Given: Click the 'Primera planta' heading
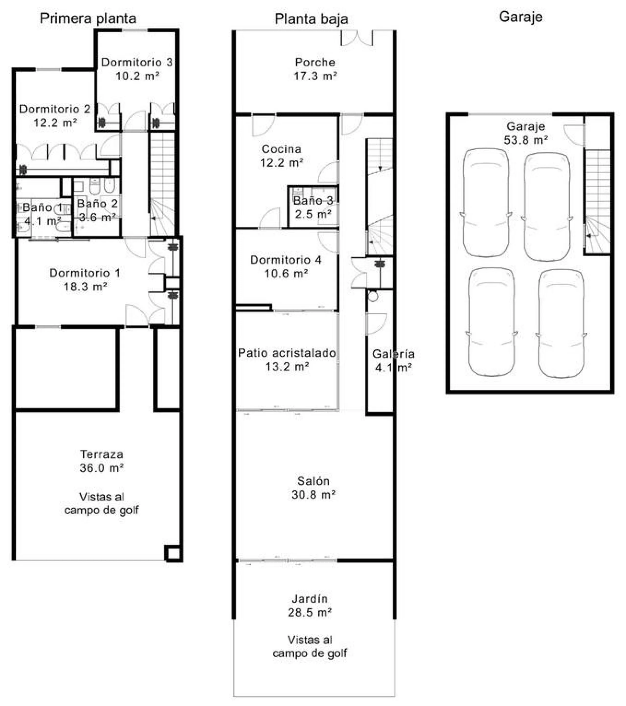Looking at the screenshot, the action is [88, 18].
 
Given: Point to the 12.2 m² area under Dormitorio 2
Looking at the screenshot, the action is [55, 123].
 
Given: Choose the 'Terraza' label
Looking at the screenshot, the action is [101, 454].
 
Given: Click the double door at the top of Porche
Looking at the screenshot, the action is [357, 38].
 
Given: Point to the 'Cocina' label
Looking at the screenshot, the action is [281, 149].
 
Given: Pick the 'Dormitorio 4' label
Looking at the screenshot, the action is [286, 260].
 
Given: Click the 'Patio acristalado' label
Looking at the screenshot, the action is [287, 353].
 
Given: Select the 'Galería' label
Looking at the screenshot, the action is [393, 354].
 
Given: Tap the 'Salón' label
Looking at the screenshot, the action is [313, 481].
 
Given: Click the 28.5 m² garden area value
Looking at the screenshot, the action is [310, 612].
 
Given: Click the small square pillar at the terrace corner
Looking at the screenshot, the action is [173, 554].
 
